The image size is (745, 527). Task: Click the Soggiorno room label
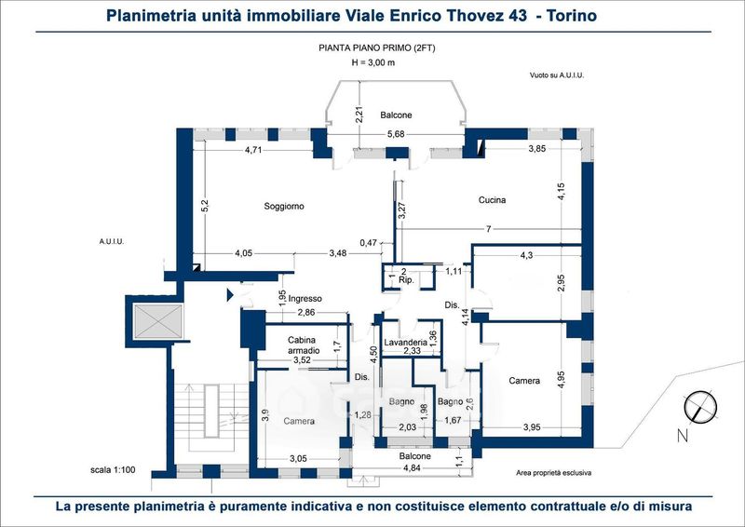click(284, 207)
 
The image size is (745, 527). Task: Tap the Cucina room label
click(492, 200)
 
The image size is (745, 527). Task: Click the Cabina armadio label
click(302, 345)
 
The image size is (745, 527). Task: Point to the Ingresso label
click(305, 299)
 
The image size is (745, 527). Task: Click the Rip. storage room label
click(406, 280)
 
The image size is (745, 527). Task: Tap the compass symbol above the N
click(700, 408)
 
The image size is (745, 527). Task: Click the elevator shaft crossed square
click(157, 322)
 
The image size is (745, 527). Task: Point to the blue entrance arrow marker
click(230, 294)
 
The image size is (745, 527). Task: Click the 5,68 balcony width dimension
click(395, 134)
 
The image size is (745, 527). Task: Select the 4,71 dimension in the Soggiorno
click(253, 151)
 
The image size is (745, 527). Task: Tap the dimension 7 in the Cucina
click(488, 230)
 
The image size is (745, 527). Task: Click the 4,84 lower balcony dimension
click(412, 468)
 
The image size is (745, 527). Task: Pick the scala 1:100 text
click(113, 470)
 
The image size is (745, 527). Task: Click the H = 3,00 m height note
click(373, 62)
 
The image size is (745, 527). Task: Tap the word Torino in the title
click(572, 16)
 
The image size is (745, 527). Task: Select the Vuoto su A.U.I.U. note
click(557, 75)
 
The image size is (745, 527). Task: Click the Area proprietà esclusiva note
click(553, 473)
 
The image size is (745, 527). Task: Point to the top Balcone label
click(396, 115)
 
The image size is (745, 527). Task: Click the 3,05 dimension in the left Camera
click(298, 459)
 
